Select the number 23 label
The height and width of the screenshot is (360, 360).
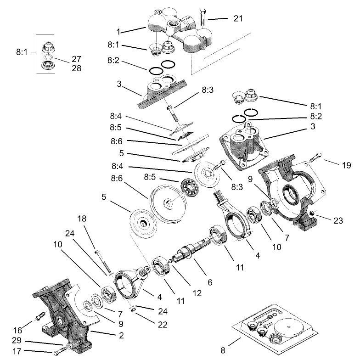click(338, 220)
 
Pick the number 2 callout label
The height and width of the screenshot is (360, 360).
click(121, 336)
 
